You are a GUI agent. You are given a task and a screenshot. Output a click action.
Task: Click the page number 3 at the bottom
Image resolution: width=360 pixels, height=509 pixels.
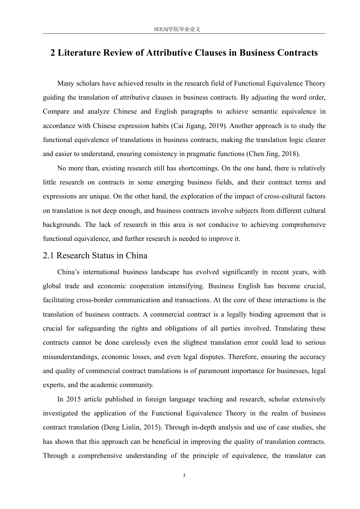pos(184,476)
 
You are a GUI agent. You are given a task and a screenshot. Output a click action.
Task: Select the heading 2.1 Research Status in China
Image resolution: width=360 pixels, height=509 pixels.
pos(95,256)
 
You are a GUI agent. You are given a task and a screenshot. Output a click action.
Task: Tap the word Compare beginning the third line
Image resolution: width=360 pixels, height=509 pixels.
pos(56,111)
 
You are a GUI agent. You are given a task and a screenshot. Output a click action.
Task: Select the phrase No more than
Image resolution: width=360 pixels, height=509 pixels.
pos(78,168)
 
